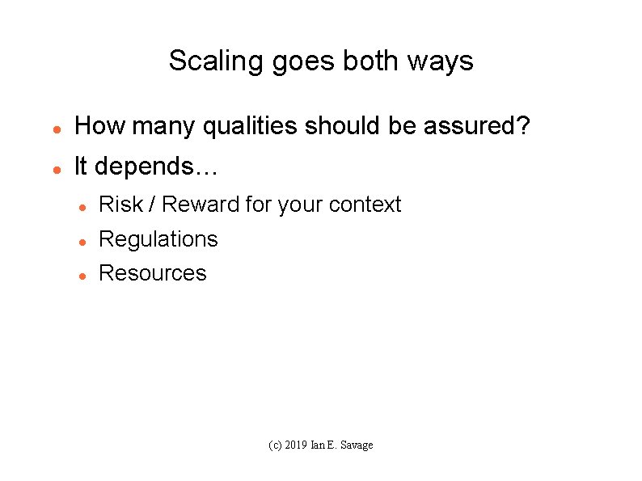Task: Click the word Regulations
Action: click(x=158, y=239)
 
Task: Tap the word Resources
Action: click(x=152, y=273)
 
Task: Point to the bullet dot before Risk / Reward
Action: click(x=82, y=208)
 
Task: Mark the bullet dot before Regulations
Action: click(x=82, y=242)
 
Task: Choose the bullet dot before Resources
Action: click(x=82, y=276)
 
